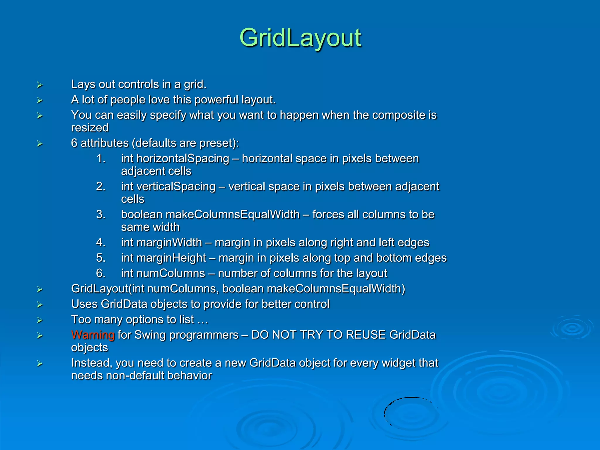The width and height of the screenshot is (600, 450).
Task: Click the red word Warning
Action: (x=93, y=335)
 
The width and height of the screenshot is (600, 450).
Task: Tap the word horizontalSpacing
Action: (x=183, y=158)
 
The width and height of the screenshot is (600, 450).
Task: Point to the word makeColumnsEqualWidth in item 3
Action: (x=233, y=214)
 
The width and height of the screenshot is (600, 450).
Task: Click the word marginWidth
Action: (x=169, y=243)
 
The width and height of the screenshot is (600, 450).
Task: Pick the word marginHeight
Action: (x=171, y=258)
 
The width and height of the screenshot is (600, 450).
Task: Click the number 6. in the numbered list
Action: (x=100, y=273)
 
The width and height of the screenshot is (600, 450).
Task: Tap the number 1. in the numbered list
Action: (x=100, y=158)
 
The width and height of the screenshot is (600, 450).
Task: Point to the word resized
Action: (x=90, y=128)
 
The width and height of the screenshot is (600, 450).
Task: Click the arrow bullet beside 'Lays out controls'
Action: (x=40, y=85)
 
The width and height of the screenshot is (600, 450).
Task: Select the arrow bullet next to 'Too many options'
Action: (x=40, y=320)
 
